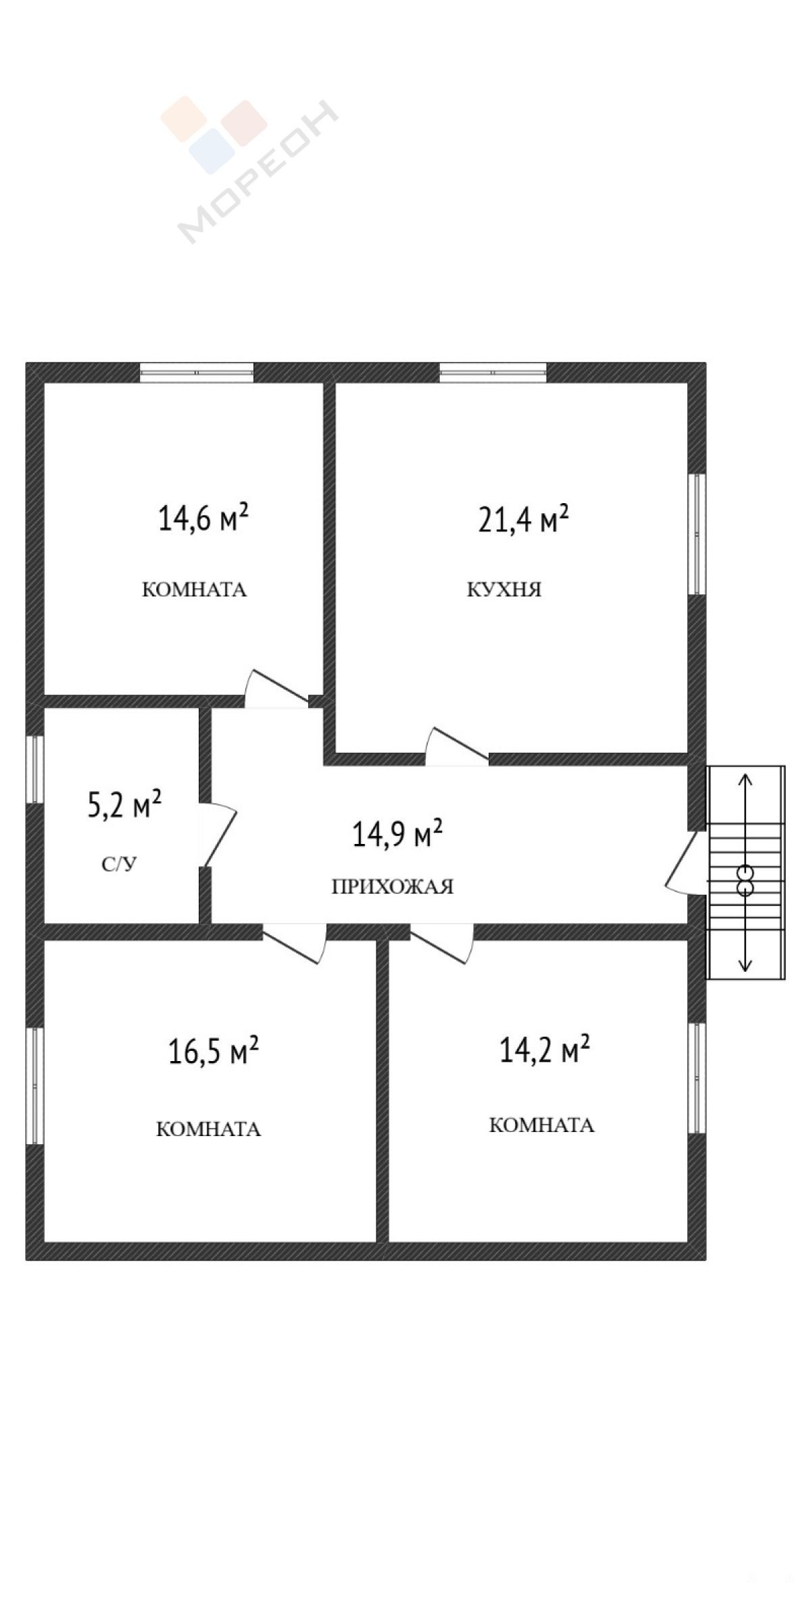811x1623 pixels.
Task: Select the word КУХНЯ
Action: click(x=504, y=590)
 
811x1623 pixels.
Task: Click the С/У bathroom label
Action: click(x=120, y=864)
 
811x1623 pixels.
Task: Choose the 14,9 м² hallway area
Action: click(x=397, y=834)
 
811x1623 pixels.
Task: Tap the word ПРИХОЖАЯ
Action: click(x=393, y=887)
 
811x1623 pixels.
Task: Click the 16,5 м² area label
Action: click(x=214, y=1052)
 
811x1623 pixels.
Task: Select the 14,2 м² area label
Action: click(x=545, y=1050)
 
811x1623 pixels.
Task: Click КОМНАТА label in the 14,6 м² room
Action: click(x=195, y=590)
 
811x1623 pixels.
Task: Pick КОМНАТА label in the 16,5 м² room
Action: click(x=209, y=1129)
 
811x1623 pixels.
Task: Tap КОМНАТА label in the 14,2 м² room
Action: click(x=541, y=1125)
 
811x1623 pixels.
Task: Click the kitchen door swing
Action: click(x=456, y=746)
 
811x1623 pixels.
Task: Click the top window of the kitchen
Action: click(x=493, y=372)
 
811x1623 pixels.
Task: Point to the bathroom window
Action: click(x=35, y=769)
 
